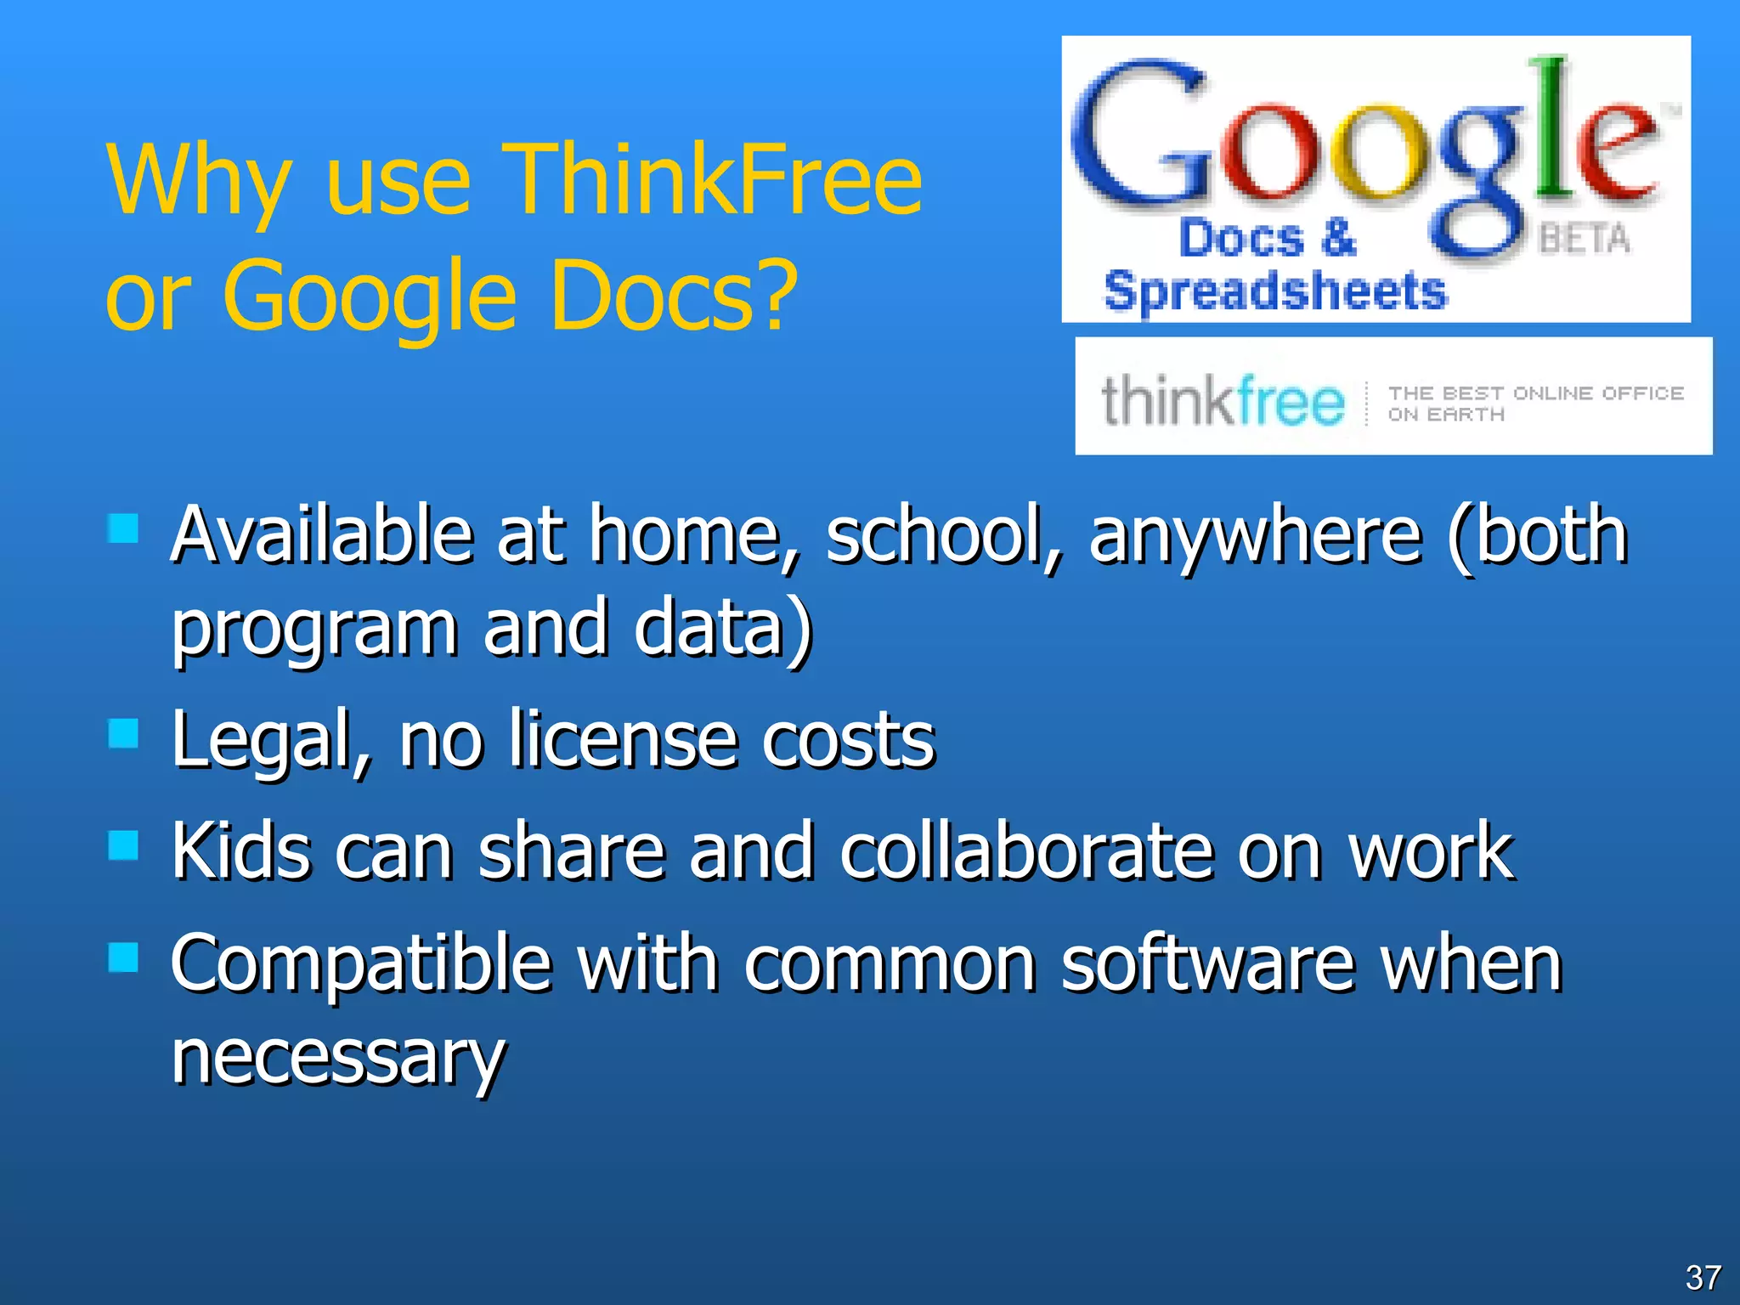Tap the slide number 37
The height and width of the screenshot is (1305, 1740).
[1703, 1278]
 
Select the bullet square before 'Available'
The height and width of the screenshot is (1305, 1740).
[124, 528]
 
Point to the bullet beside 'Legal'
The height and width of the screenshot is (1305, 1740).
[124, 734]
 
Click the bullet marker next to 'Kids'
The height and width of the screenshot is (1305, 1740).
[124, 845]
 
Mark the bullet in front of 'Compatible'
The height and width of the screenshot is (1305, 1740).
[124, 958]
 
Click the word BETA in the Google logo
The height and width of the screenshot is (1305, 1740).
[1585, 239]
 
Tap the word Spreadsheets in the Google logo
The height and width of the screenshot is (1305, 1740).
[1274, 291]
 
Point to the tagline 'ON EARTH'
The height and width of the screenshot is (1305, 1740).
[1446, 415]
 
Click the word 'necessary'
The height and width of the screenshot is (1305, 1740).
[338, 1058]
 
